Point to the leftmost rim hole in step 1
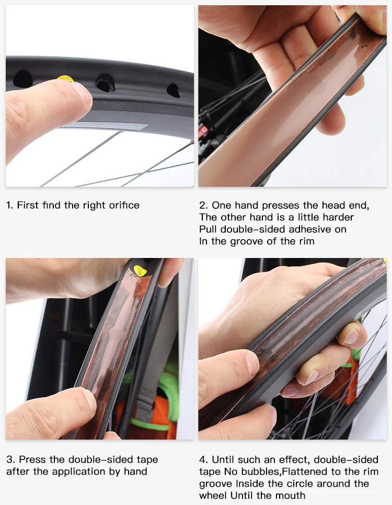click(x=22, y=79)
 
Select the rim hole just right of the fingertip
click(x=105, y=83)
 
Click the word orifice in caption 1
click(x=123, y=205)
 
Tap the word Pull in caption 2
click(x=208, y=229)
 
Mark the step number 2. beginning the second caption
click(x=203, y=205)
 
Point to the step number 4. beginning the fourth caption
click(x=203, y=460)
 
